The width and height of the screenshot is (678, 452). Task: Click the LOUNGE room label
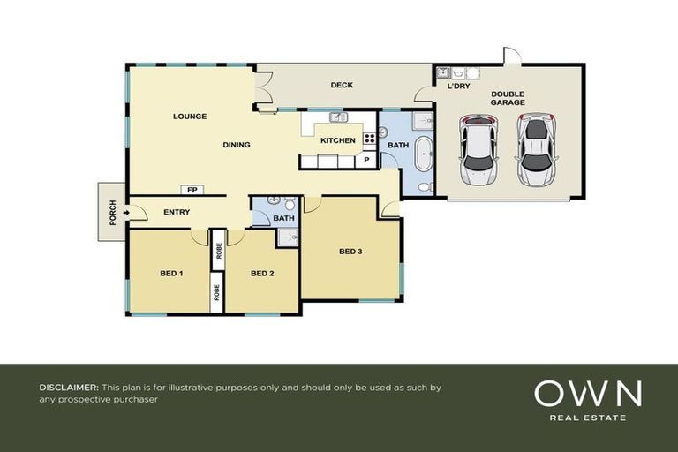coord(190,116)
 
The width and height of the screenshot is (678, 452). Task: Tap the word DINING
coord(237,145)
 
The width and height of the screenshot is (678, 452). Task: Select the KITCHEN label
coord(337,140)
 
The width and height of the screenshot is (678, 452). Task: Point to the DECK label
coord(342,86)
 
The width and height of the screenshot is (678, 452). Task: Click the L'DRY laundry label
coord(458,87)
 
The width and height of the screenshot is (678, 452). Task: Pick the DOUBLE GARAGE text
coord(508,98)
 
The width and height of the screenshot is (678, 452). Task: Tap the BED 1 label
coord(170,273)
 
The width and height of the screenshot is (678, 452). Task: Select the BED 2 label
coord(262,273)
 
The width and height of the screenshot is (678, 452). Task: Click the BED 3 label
coord(350,252)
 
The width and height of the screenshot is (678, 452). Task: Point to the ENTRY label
coord(177,212)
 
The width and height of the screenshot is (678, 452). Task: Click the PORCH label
coord(113,213)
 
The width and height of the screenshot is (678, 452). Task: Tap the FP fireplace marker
coord(191,190)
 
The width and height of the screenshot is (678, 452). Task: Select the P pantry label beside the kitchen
coord(366,161)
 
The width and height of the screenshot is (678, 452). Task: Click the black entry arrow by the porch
coord(128,212)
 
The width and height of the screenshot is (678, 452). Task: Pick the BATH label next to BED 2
coord(283,218)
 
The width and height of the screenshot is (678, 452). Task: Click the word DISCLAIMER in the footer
coord(68,388)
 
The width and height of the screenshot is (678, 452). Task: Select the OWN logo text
coord(587,393)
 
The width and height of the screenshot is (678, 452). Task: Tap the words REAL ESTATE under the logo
coord(587,418)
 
